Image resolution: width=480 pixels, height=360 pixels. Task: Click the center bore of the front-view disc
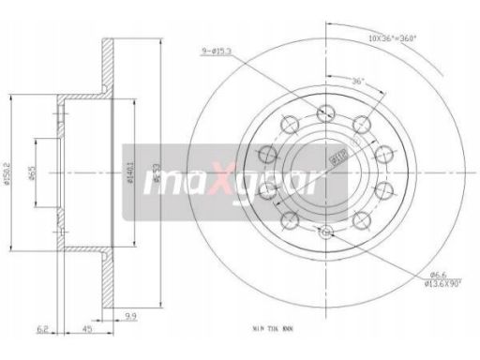(324, 172)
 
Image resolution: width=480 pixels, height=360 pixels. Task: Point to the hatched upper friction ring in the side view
(107, 66)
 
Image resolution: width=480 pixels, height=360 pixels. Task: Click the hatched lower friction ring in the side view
(107, 281)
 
